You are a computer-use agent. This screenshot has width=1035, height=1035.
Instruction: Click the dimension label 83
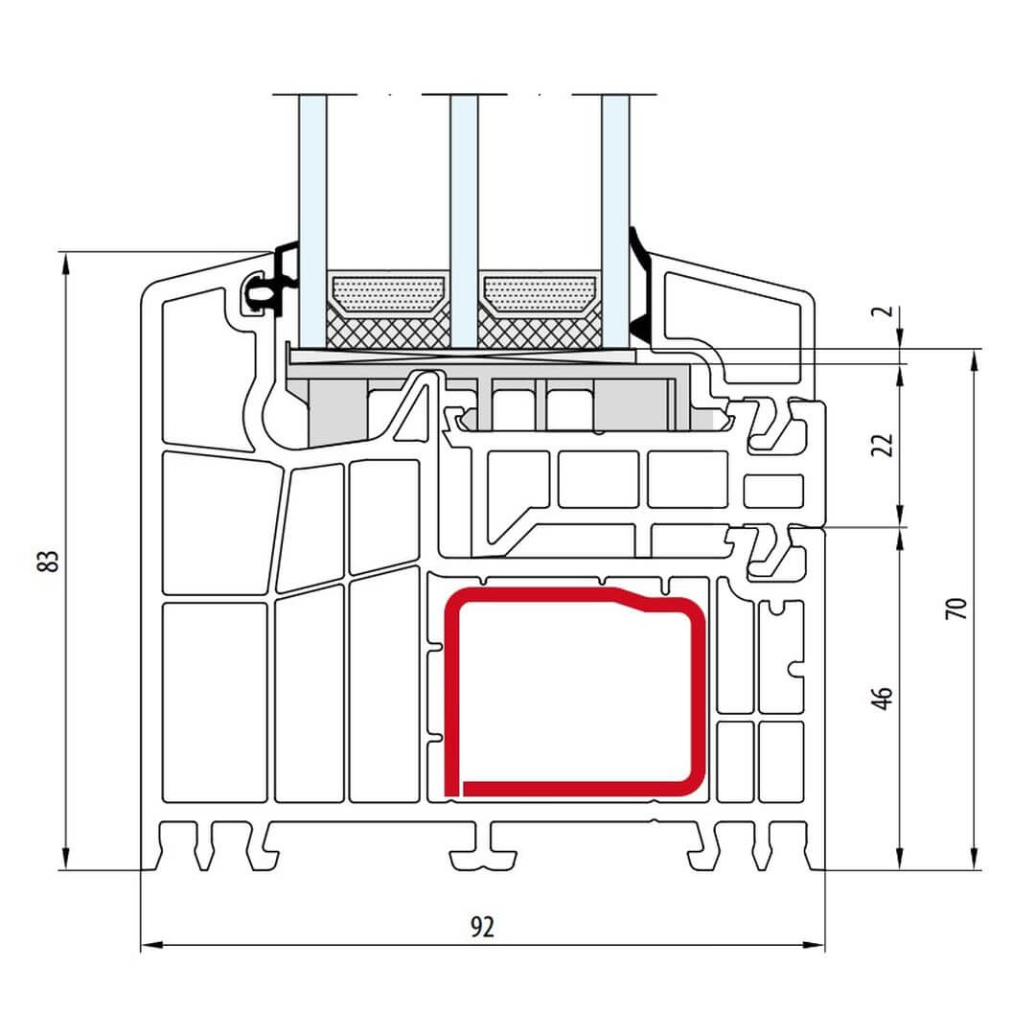(50, 561)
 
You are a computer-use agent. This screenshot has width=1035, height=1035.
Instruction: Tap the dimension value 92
(482, 927)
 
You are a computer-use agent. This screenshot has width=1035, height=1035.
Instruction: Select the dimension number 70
(956, 608)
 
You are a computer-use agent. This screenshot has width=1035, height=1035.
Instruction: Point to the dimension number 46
(883, 699)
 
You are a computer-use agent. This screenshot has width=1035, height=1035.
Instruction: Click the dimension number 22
(883, 445)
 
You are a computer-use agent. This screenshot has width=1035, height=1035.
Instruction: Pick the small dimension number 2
(886, 311)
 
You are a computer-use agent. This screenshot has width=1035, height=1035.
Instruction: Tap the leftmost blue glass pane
(312, 221)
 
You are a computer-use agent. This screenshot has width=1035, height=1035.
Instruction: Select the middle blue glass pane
(464, 221)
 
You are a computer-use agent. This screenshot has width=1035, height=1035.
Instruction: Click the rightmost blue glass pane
(615, 221)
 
